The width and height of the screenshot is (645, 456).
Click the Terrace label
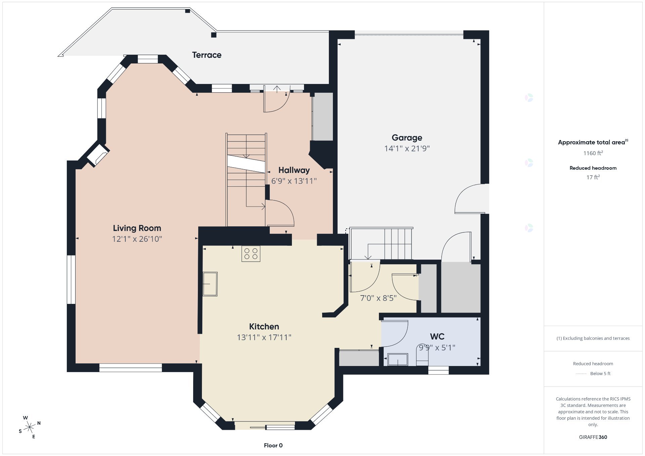click(x=207, y=55)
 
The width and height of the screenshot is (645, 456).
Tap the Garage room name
click(x=407, y=138)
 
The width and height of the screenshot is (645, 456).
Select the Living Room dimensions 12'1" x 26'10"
click(x=137, y=239)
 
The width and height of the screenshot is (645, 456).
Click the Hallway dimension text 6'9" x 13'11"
click(x=294, y=181)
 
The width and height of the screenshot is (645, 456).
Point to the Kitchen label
click(x=264, y=326)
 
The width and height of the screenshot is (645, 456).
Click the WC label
click(x=437, y=336)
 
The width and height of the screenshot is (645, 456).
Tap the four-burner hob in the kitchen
click(x=251, y=254)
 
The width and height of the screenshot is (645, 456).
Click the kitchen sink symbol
click(x=210, y=284)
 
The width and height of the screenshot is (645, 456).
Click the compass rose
click(x=30, y=427)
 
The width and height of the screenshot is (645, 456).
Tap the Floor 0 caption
click(x=273, y=446)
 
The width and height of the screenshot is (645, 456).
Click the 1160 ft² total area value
click(x=593, y=153)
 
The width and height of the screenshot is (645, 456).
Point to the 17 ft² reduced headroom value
click(x=593, y=177)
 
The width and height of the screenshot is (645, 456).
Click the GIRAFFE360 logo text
click(x=593, y=437)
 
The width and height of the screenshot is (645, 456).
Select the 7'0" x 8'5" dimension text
click(x=378, y=298)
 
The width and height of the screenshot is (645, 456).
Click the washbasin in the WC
click(x=398, y=359)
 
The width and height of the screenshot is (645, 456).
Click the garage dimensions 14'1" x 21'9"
click(x=407, y=148)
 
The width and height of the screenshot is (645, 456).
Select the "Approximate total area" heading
click(x=591, y=142)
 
